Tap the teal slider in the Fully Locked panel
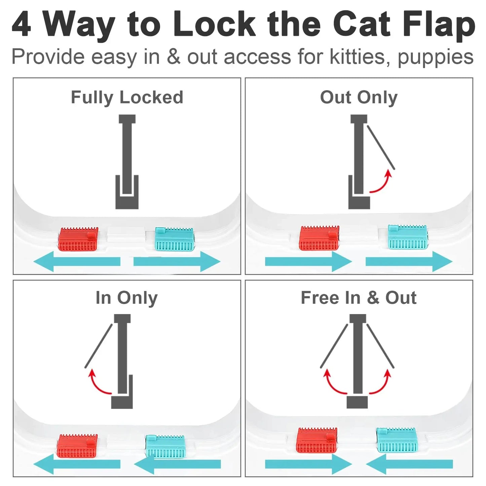point(174,239)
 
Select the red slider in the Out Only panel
point(319,238)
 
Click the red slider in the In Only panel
point(77,446)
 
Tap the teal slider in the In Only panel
point(165,446)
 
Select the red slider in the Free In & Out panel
point(316,440)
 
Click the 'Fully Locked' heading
point(127,98)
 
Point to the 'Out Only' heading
point(359,98)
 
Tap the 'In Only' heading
point(126,298)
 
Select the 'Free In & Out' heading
point(359,298)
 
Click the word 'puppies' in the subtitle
point(436,57)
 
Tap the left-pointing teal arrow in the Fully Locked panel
point(77,261)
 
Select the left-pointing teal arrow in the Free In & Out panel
point(409,464)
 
